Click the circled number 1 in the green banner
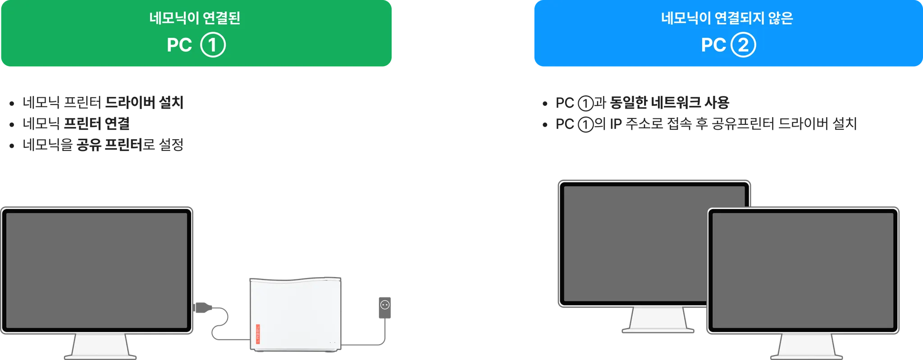(213, 45)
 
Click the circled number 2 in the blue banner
(743, 45)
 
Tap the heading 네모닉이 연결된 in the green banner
(195, 18)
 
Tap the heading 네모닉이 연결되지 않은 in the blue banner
(727, 18)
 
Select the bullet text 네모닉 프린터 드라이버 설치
(103, 103)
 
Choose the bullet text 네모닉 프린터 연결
(76, 124)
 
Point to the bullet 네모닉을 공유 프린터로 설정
(103, 145)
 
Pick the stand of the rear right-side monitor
(658, 321)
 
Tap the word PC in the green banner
(179, 45)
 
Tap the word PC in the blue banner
(713, 45)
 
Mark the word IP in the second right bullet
(616, 124)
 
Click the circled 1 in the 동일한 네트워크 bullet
(586, 104)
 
